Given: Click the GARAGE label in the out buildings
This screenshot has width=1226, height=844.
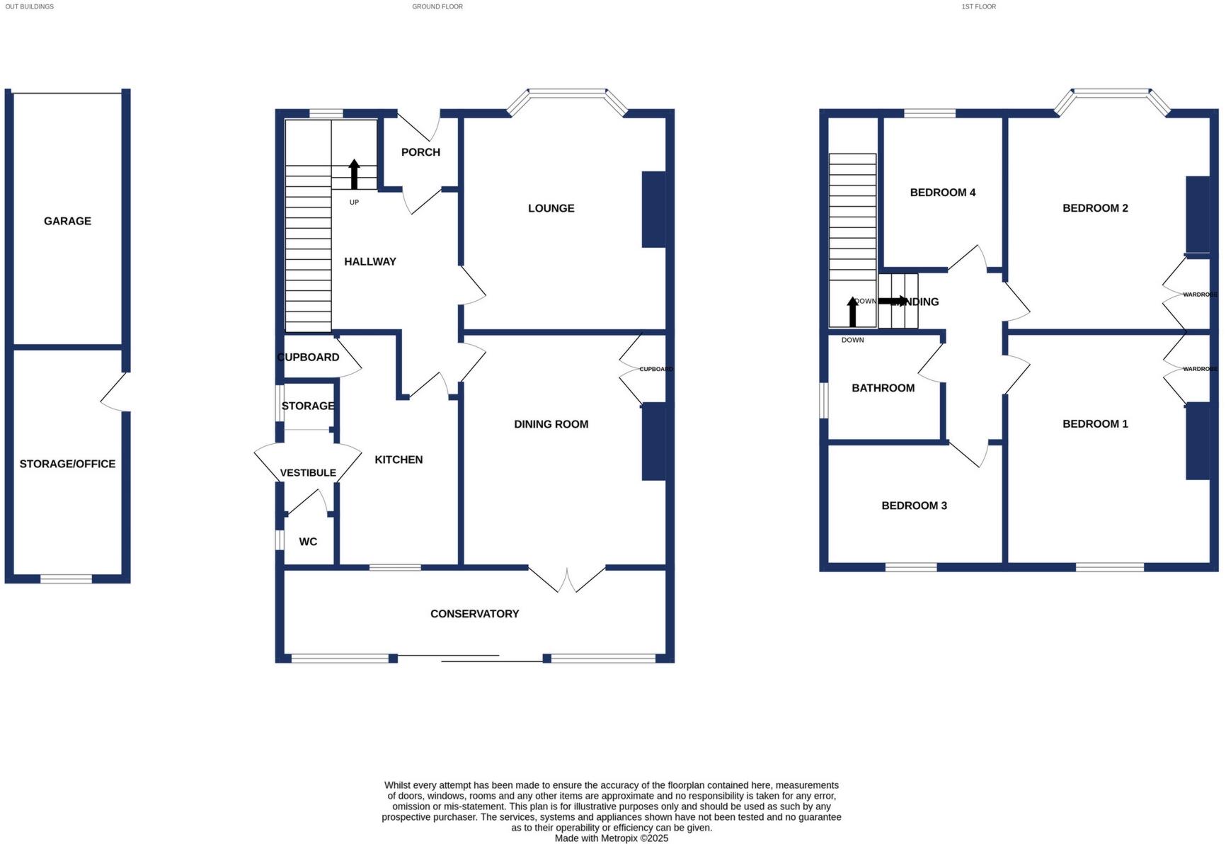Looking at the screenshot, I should click(67, 221).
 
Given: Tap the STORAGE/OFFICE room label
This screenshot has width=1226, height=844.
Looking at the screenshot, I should click(67, 464).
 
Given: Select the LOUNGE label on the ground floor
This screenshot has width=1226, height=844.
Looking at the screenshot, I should click(551, 208).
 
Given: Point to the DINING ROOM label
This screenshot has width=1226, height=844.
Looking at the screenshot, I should click(551, 424).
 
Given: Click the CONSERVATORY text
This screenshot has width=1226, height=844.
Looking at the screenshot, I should click(474, 614).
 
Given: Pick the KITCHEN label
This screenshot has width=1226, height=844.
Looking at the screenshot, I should click(399, 460).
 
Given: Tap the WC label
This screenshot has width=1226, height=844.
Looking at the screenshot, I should click(308, 542).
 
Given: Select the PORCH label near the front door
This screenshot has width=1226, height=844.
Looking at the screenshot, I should click(420, 152).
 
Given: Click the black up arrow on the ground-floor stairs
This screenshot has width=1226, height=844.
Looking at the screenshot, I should click(354, 174).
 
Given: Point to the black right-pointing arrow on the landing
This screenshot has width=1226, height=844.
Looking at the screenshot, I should click(892, 301).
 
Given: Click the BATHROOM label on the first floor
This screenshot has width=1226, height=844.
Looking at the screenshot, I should click(883, 388).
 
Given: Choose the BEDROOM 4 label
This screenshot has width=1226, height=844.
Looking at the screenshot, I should click(942, 193).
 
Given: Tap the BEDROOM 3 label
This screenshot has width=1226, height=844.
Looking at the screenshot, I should click(914, 506).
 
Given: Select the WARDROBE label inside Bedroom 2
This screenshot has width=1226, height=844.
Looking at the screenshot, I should click(1200, 295).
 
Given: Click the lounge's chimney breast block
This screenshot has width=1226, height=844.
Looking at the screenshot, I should click(653, 210).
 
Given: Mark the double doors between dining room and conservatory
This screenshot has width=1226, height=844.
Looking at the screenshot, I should click(567, 579).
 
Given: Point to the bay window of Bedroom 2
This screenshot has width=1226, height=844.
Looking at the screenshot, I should click(1111, 93).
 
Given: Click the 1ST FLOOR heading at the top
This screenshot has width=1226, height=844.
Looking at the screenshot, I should click(978, 6).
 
